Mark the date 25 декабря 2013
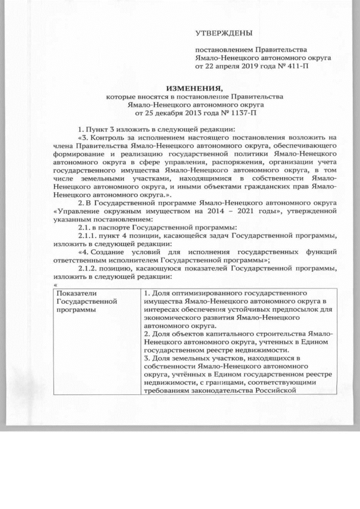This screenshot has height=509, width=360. point(170,112)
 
